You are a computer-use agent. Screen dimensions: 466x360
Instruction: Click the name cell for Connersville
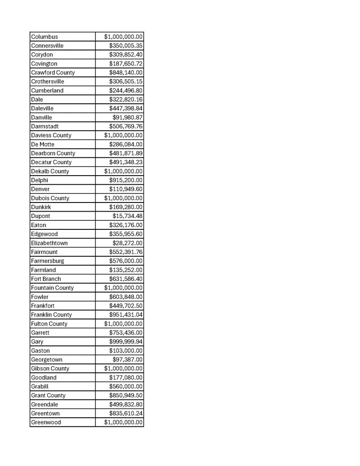point(47,46)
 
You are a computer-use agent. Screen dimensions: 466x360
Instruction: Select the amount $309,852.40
point(126,55)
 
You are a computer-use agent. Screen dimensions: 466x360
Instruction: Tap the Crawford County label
point(53,72)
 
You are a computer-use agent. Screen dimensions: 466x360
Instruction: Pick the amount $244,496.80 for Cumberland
point(126,91)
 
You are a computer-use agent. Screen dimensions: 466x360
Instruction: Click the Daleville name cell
point(42,108)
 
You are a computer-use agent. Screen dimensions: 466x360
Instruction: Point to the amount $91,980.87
point(127,117)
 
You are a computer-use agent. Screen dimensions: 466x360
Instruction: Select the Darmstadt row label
point(45,126)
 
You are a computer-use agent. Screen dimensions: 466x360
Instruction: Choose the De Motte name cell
point(43,144)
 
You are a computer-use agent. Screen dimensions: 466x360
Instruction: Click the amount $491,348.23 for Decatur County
point(126,162)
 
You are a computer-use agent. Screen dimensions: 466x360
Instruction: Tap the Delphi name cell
point(40,180)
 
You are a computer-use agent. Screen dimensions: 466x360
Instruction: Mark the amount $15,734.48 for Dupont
point(127,216)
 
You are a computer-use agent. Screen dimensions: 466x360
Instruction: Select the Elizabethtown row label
point(49,243)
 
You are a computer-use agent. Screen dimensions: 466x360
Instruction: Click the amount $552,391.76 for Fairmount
point(126,252)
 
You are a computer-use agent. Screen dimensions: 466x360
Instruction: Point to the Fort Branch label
point(46,279)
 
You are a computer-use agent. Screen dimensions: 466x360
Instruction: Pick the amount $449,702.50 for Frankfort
point(126,306)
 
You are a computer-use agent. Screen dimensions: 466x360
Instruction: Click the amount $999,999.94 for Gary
point(126,342)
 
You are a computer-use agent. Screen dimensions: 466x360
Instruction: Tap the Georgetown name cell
point(47,360)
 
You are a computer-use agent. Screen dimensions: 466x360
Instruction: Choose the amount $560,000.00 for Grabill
point(126,386)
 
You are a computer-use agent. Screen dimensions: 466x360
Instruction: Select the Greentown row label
point(46,413)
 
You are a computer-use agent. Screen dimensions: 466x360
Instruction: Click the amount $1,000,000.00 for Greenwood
point(123,422)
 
